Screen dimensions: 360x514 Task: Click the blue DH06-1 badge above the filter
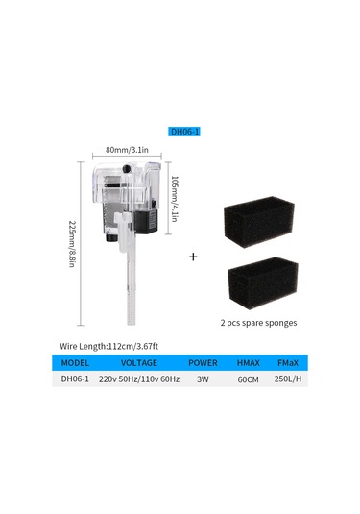184,132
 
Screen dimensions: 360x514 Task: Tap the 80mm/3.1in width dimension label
127,150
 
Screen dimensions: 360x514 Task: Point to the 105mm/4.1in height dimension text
175,199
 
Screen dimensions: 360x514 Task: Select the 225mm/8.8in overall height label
72,244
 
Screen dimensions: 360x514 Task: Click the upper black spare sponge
258,222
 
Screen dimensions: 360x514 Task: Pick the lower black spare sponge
263,282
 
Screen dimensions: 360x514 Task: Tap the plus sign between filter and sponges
193,257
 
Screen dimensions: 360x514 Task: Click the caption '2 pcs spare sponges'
258,323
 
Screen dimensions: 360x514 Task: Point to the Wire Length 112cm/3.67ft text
108,346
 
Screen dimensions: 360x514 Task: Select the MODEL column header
75,363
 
